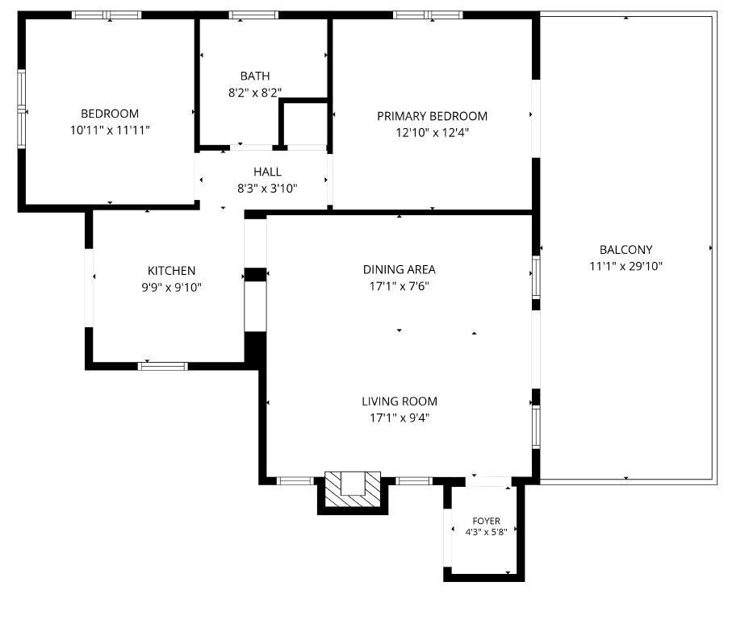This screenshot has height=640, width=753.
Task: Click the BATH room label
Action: (x=255, y=76)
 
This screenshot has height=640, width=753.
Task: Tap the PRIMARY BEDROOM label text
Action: (x=433, y=116)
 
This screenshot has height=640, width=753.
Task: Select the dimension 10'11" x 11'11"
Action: (x=110, y=130)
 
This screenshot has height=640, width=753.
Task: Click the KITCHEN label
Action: (x=171, y=271)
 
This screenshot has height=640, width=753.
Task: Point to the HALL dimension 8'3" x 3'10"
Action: (x=267, y=188)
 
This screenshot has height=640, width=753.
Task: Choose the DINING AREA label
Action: (x=399, y=270)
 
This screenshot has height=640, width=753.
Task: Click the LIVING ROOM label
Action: (x=400, y=401)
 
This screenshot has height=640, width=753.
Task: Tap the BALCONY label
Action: (x=626, y=250)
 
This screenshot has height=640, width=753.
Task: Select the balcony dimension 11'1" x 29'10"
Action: (x=626, y=266)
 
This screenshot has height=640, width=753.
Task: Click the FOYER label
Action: (x=486, y=521)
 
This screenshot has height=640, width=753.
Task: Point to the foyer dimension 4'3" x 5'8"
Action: (x=486, y=532)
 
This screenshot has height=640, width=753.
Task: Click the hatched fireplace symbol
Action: (x=353, y=489)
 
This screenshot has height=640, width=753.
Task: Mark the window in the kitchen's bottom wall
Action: (x=163, y=367)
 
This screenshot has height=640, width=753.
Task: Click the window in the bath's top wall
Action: (x=253, y=15)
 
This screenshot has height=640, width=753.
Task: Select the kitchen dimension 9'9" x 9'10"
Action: (x=171, y=288)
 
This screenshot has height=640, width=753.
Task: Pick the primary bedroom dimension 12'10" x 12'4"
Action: (x=433, y=132)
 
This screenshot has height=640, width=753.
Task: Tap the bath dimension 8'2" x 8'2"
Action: (x=255, y=93)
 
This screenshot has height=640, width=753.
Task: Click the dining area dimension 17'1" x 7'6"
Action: (x=399, y=286)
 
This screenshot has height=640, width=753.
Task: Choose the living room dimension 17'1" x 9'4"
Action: (x=400, y=418)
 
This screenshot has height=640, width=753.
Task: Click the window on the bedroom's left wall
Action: (x=22, y=110)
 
